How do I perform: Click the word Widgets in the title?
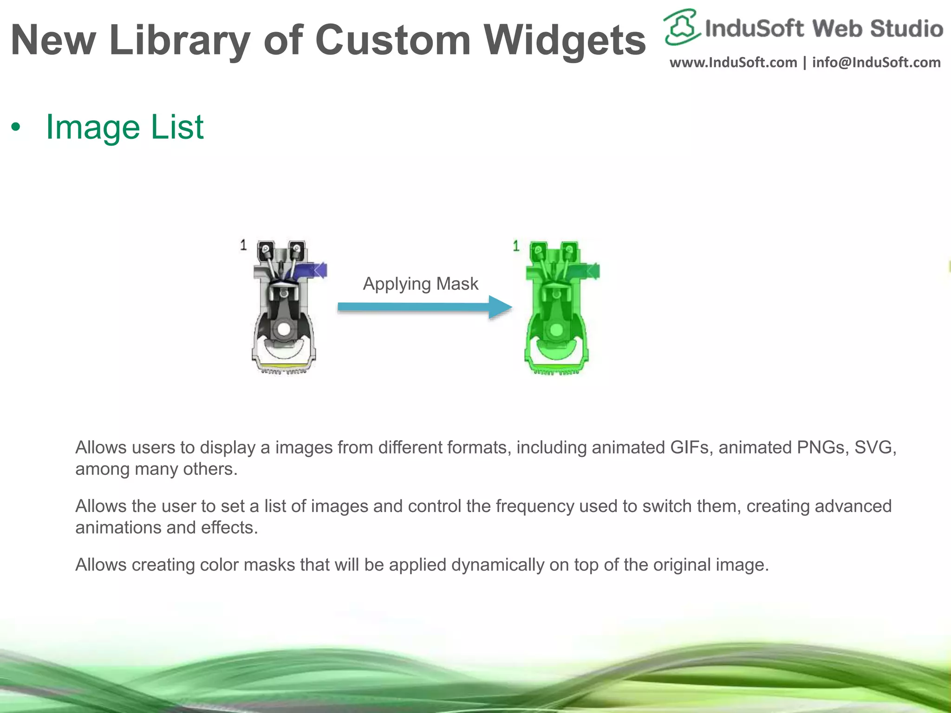(x=564, y=41)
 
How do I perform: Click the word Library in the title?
(x=180, y=41)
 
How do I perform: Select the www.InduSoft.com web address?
(x=733, y=63)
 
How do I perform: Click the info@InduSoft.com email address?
(x=876, y=63)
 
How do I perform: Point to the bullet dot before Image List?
(x=16, y=128)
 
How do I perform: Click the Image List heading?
(x=124, y=127)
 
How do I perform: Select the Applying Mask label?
(x=420, y=284)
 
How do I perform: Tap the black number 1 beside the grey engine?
(x=243, y=245)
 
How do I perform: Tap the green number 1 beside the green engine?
(x=516, y=246)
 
